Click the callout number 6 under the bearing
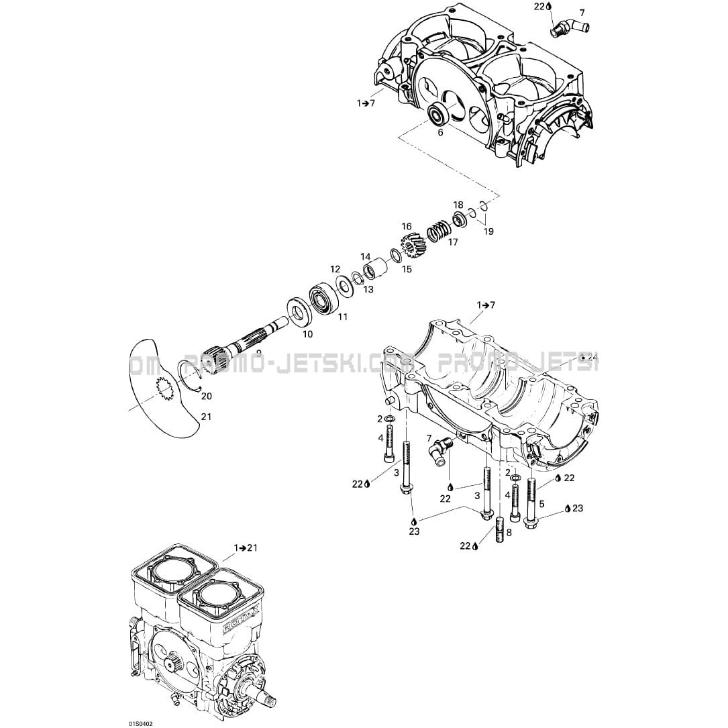441,133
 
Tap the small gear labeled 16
410,245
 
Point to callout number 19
488,231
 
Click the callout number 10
307,333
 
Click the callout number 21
206,417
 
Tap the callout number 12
335,269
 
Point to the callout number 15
407,269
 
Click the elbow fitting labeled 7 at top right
569,28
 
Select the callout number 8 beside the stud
509,532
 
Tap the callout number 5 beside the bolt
541,504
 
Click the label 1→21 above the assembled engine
246,548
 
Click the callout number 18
458,205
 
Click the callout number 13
368,289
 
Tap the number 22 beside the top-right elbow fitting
539,5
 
